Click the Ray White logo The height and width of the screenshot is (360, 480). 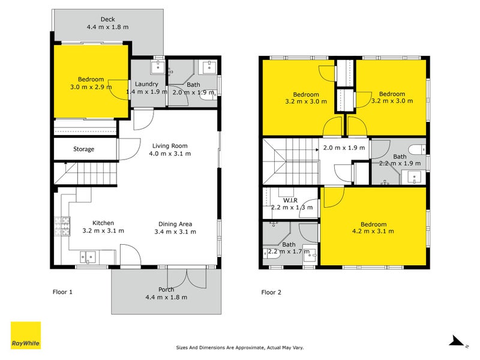click(x=26, y=335)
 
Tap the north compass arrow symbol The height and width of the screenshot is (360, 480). click(x=457, y=341)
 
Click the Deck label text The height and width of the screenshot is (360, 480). click(x=108, y=19)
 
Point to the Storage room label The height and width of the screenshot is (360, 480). click(x=84, y=149)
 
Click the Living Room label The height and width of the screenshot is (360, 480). click(x=170, y=146)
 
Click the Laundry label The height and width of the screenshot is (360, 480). click(x=146, y=85)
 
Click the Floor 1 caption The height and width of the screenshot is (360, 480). click(x=62, y=292)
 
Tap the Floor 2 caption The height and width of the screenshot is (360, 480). click(x=271, y=292)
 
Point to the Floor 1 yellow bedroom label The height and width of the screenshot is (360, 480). click(x=91, y=79)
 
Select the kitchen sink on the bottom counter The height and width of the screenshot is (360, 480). click(x=88, y=257)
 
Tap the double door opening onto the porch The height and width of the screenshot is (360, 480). click(x=189, y=276)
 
